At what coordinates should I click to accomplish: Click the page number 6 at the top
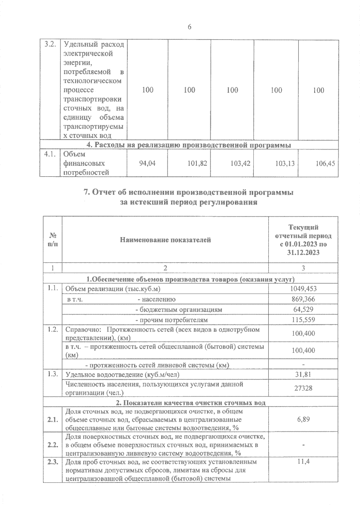coord(189,27)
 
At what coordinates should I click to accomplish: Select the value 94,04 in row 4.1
coord(148,163)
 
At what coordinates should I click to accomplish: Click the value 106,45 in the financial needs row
coord(325,163)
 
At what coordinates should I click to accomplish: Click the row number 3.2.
coord(50,45)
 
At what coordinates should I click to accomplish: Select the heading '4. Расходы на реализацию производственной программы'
coord(189,145)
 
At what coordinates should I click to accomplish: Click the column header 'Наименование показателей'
coord(165,240)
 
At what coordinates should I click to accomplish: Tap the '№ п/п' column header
coord(52,240)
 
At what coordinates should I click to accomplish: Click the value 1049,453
coord(303,289)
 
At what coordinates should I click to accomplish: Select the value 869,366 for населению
coord(303,299)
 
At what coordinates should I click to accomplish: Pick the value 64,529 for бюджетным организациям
coord(303,309)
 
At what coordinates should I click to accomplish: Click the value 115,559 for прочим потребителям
coord(303,320)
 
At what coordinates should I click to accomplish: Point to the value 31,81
coord(303,374)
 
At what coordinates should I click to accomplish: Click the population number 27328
coord(303,388)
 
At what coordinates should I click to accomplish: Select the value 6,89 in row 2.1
coord(303,419)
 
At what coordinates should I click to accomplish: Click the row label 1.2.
coord(52,329)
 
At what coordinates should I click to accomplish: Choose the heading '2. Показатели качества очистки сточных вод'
coord(190,403)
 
